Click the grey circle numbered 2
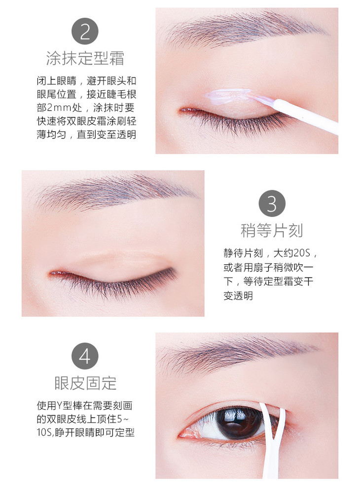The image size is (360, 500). tap(85, 31)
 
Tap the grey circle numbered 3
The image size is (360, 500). tap(272, 204)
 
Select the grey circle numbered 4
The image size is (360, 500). tap(85, 356)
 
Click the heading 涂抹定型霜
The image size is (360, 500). tap(85, 58)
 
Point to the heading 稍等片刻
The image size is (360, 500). tap(272, 231)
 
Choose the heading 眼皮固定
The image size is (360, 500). tap(85, 383)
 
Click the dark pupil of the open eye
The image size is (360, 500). tap(239, 423)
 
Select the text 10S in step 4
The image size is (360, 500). tap(45, 433)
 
